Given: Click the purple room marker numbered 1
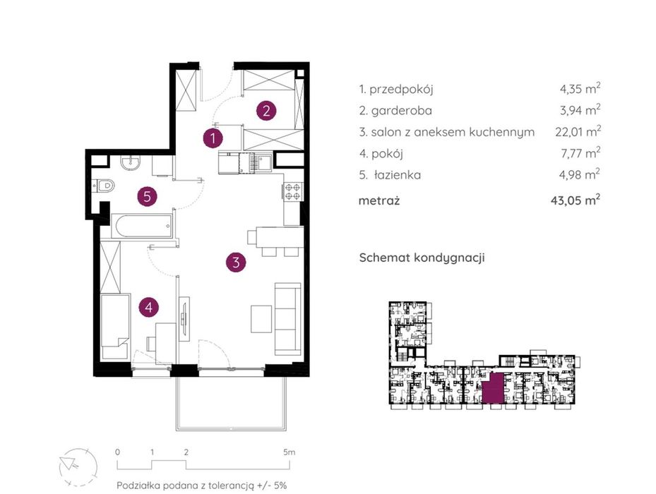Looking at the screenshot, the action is (213, 138).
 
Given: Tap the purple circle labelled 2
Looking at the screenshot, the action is (266, 111).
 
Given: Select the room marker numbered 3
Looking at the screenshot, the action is (236, 263).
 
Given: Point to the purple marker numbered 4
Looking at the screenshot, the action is (149, 308).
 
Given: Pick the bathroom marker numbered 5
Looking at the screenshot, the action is (148, 196).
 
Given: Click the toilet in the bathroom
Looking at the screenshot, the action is (103, 185).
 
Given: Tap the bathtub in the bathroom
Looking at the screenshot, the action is (142, 227).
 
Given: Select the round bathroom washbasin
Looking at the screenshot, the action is (131, 163).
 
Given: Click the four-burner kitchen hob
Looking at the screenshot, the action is (292, 192).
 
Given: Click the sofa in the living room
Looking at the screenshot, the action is (288, 318).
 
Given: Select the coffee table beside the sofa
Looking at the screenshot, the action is (261, 319).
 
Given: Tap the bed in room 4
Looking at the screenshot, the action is (115, 326).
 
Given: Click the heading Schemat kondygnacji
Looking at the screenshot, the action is (422, 258).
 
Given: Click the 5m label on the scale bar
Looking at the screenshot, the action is (289, 452).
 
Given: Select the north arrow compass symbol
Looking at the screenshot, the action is (78, 467).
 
